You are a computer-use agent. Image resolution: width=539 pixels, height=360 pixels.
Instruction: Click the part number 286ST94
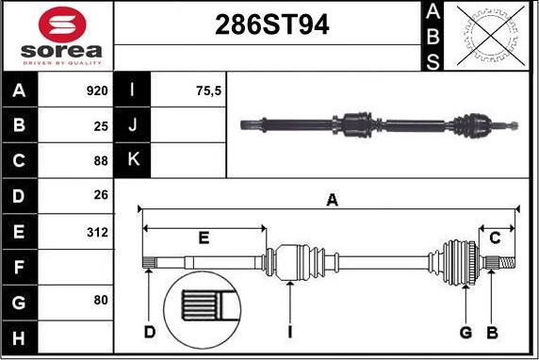coord(272,25)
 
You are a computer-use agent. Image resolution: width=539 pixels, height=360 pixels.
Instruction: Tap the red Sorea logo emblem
coord(62,25)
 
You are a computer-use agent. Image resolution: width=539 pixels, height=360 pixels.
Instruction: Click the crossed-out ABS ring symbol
coord(491,36)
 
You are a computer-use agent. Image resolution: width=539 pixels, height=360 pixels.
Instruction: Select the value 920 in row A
coord(97,90)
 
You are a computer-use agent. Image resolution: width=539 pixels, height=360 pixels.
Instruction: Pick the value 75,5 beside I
coord(208,90)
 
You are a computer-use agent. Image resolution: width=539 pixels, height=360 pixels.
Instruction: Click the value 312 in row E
coord(97,233)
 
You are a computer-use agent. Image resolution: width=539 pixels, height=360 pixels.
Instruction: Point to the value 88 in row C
coord(101,161)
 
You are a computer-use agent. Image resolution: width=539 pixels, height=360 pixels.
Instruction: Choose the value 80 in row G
coord(101,300)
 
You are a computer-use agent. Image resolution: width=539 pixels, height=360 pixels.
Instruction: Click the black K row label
coord(132,160)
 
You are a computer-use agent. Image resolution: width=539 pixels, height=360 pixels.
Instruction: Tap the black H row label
coord(19,338)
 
